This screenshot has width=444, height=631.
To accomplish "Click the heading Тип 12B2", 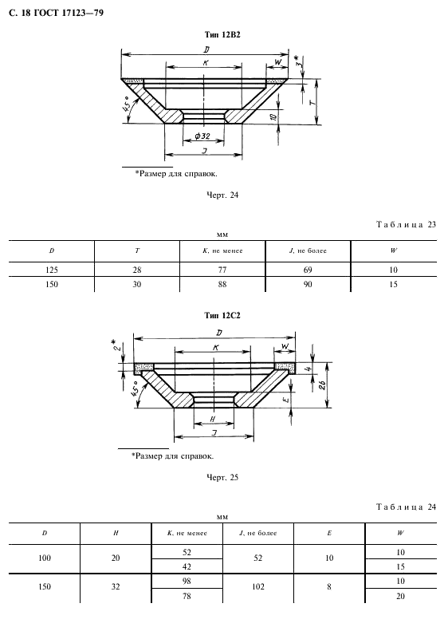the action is pyautogui.click(x=222, y=34).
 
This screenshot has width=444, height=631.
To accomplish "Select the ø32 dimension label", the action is pyautogui.click(x=202, y=136).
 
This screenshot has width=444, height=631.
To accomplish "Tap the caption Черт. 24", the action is pyautogui.click(x=222, y=195).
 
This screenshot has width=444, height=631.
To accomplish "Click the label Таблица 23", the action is pyautogui.click(x=407, y=224).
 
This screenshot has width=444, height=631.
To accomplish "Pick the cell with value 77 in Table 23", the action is pyautogui.click(x=222, y=270).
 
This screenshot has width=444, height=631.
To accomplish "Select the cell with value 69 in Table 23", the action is pyautogui.click(x=308, y=270).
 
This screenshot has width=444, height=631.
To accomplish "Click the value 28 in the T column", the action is pyautogui.click(x=137, y=270).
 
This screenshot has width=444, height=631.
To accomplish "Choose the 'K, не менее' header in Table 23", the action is pyautogui.click(x=222, y=250).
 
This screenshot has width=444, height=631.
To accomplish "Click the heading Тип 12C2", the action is pyautogui.click(x=222, y=316).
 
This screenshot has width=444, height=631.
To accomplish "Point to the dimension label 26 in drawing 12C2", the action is pyautogui.click(x=322, y=385).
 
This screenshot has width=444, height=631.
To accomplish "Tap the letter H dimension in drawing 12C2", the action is pyautogui.click(x=213, y=419).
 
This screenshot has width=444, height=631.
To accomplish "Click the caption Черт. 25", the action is pyautogui.click(x=222, y=478).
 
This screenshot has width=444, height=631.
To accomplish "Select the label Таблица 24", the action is pyautogui.click(x=407, y=507).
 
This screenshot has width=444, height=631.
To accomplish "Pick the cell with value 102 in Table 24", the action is pyautogui.click(x=258, y=587).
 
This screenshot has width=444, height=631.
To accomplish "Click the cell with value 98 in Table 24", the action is pyautogui.click(x=187, y=581).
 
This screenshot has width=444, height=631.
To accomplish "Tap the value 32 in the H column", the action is pyautogui.click(x=116, y=587).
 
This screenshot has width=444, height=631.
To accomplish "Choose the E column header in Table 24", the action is pyautogui.click(x=329, y=533).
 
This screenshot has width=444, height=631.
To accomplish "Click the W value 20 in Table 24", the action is pyautogui.click(x=401, y=596).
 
